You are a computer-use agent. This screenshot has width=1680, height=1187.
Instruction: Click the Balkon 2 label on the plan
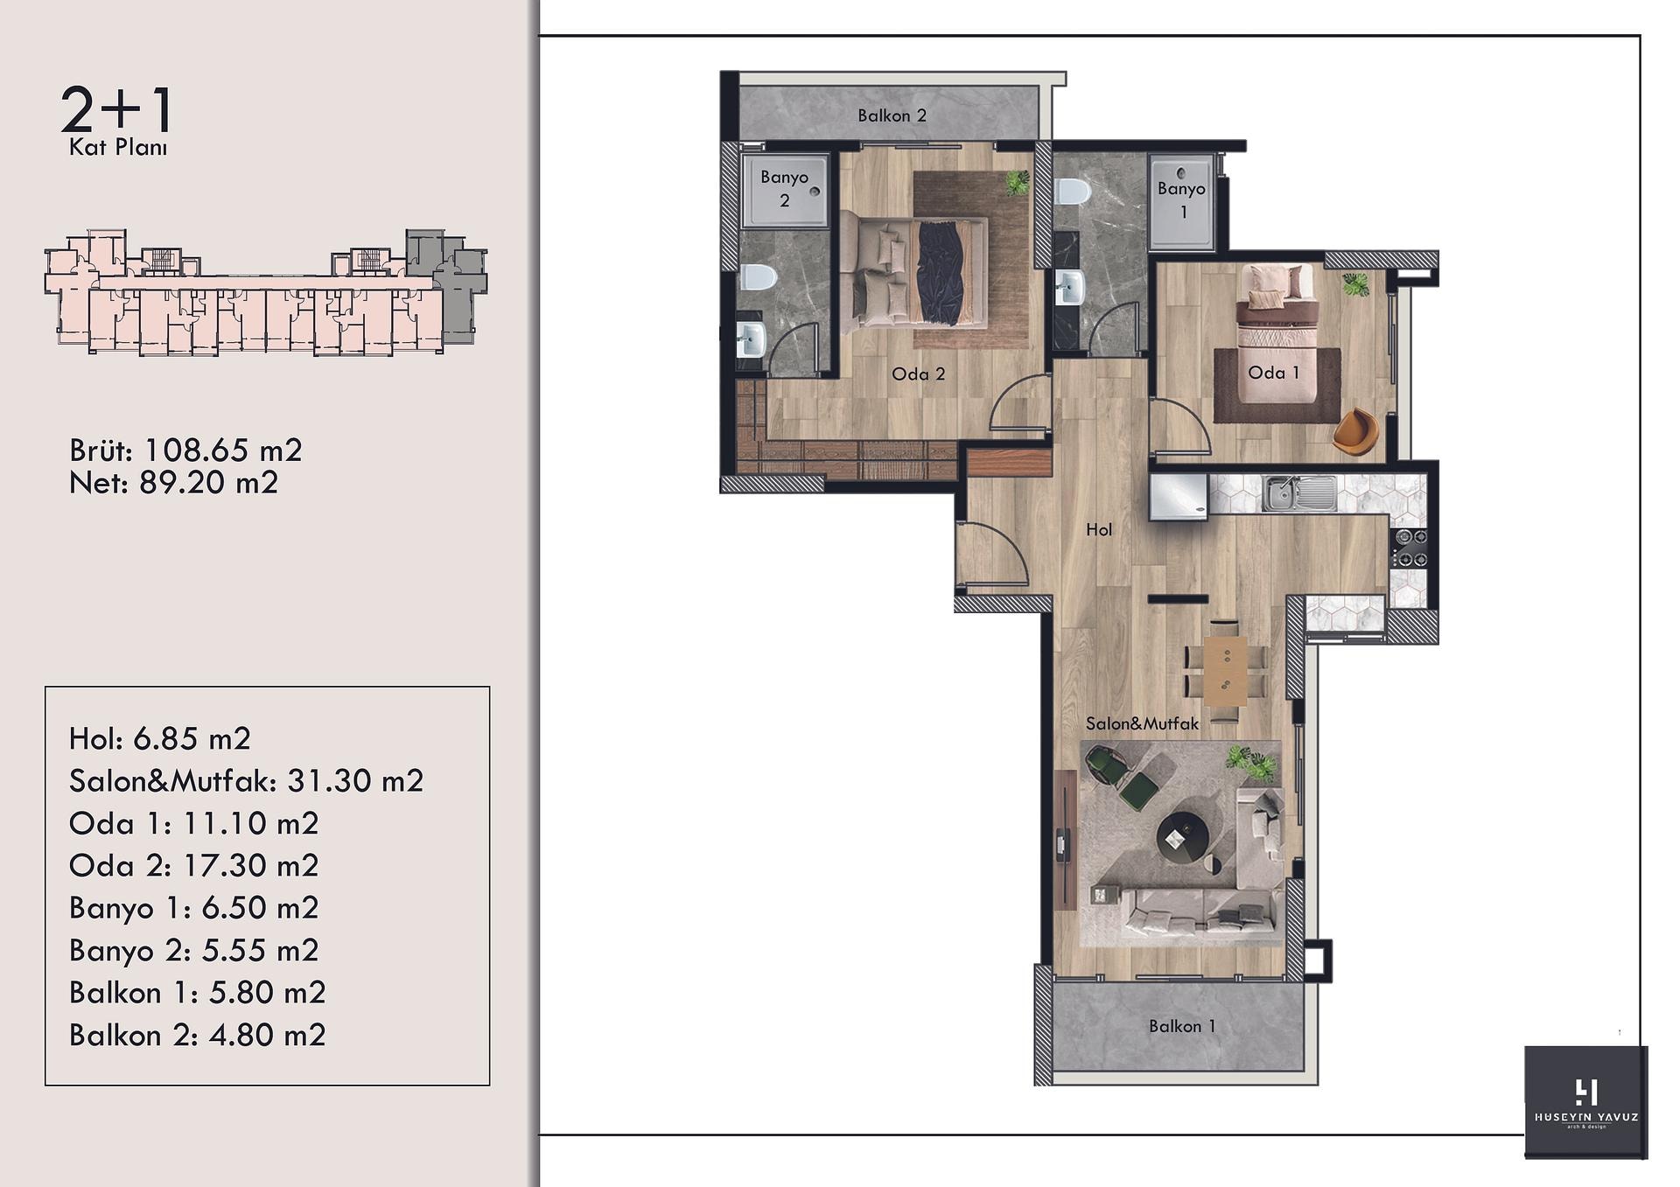[x=892, y=115]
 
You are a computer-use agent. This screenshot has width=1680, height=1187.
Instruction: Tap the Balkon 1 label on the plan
[x=1182, y=1026]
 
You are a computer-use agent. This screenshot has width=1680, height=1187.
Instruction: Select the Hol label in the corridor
[x=1099, y=529]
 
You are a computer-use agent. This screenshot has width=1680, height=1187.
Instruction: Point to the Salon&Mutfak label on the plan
[x=1142, y=723]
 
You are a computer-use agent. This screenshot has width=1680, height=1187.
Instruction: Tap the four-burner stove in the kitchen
[x=1410, y=548]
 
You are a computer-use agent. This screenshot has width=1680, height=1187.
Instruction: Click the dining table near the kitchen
[x=1225, y=671]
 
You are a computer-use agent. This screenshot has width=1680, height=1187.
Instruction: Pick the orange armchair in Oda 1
[x=1355, y=430]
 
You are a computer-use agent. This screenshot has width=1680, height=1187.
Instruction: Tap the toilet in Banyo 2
[x=759, y=277]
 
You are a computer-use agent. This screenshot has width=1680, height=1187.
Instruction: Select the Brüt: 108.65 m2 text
[x=185, y=450]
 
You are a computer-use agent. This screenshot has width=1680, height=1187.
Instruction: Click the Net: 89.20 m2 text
[x=173, y=482]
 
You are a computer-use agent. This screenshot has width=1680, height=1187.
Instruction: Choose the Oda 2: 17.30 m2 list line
[x=193, y=865]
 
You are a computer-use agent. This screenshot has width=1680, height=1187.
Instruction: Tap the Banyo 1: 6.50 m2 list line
[x=193, y=908]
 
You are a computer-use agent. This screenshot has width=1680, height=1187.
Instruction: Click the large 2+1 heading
[x=117, y=110]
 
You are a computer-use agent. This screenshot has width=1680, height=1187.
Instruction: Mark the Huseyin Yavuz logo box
[x=1585, y=1102]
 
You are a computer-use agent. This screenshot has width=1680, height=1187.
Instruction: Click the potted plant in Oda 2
[x=1017, y=182]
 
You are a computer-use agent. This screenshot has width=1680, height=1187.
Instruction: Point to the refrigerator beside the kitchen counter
[x=1179, y=498]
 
